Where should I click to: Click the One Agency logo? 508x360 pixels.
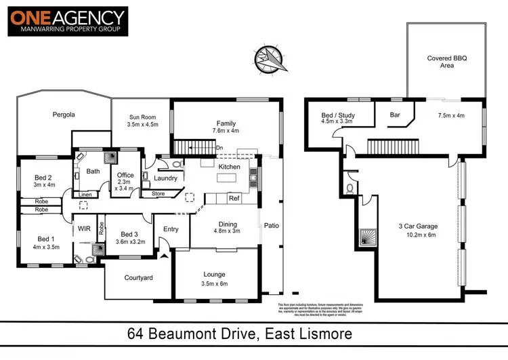(x=68, y=22)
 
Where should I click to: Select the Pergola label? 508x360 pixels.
(x=64, y=115)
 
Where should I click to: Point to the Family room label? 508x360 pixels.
(x=226, y=123)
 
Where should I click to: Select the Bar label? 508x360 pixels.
(x=396, y=115)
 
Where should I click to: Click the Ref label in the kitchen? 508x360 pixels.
(x=234, y=199)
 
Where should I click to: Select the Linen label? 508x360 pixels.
(x=85, y=195)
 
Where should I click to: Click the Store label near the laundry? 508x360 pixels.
(x=158, y=194)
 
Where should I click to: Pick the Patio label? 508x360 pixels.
(x=271, y=226)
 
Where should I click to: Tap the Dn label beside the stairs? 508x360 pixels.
(x=219, y=147)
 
